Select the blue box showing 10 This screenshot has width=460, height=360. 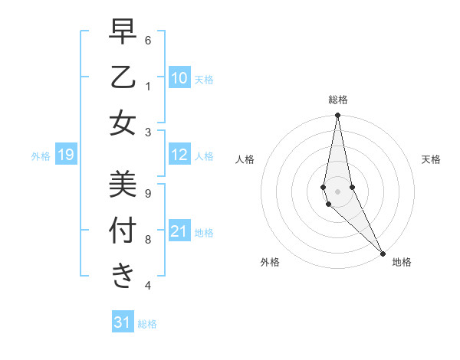pos(179,77)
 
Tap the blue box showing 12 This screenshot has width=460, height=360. pos(179,155)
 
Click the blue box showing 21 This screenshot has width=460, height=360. pos(179,231)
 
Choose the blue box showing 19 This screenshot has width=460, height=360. pos(65,155)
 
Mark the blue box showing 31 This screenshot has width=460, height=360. pos(123,322)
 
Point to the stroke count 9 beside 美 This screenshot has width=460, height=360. pos(148,193)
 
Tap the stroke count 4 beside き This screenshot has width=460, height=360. pos(148,286)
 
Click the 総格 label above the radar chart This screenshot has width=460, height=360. pos(337,100)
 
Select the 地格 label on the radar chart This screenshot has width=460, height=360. pos(402,262)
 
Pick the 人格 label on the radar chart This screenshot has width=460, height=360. pos(245,159)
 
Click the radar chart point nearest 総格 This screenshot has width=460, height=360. pos(337,116)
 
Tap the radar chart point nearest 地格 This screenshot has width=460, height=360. pos(383,253)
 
